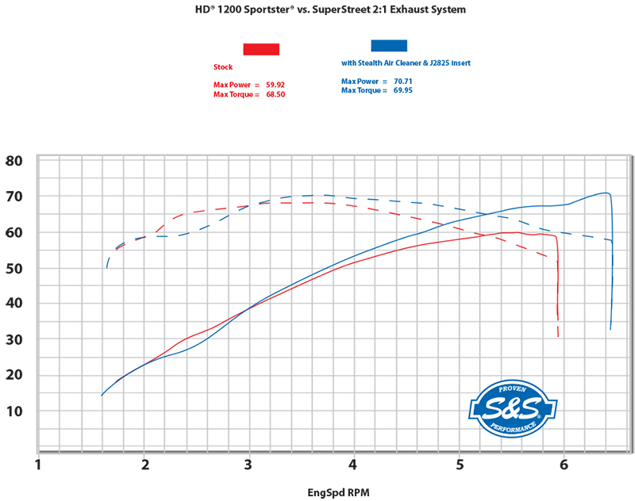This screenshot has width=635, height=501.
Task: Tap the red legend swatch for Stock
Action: click(261, 49)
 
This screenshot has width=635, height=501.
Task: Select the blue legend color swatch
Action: click(389, 46)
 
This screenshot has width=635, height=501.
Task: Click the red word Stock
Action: click(223, 67)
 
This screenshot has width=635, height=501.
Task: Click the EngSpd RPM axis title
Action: click(338, 492)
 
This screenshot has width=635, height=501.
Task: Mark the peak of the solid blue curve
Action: click(605, 193)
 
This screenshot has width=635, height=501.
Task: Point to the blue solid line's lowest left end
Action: click(102, 395)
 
